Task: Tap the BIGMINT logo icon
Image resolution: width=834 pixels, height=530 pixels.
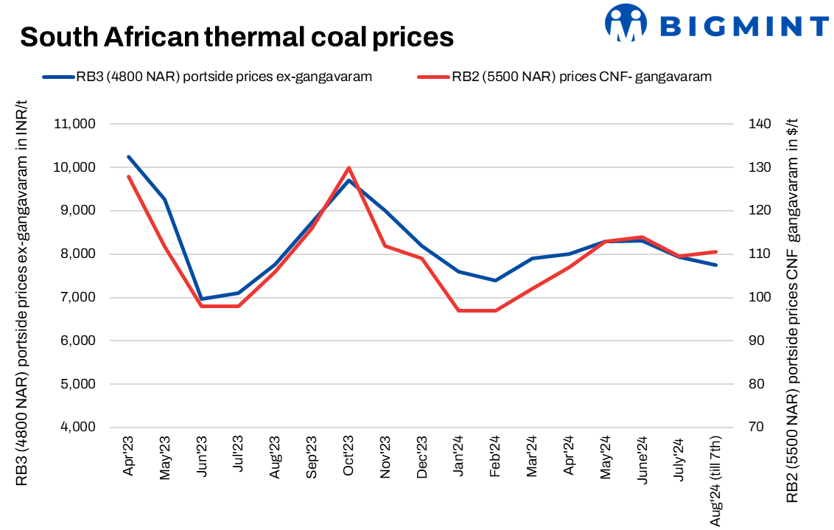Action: pyautogui.click(x=625, y=24)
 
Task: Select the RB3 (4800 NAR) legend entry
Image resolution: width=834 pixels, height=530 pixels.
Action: pyautogui.click(x=206, y=76)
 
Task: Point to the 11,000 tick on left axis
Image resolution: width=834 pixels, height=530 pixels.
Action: pyautogui.click(x=75, y=124)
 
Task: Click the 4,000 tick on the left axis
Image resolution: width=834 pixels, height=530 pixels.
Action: pyautogui.click(x=77, y=428)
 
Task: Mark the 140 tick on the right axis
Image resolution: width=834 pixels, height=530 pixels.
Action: pyautogui.click(x=759, y=124)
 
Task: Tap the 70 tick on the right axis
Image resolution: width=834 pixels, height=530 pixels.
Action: pyautogui.click(x=756, y=428)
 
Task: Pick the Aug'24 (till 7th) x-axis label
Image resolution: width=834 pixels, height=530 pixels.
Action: pyautogui.click(x=715, y=480)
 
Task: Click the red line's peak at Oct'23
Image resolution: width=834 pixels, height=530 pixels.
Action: pyautogui.click(x=348, y=167)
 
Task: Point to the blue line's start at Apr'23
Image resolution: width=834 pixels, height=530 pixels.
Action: pyautogui.click(x=129, y=156)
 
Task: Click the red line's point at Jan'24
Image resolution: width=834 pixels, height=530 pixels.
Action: pyautogui.click(x=458, y=310)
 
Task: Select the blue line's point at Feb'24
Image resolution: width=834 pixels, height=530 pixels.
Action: pyautogui.click(x=495, y=280)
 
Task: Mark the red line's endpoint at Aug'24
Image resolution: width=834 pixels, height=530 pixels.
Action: pyautogui.click(x=715, y=251)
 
